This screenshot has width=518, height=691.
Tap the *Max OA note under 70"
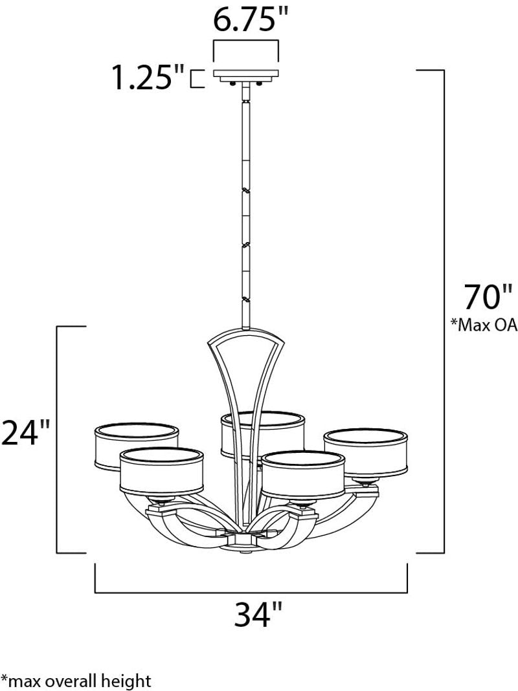484,325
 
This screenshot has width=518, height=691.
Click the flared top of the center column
247,340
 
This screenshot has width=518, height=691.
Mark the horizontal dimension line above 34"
251,592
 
